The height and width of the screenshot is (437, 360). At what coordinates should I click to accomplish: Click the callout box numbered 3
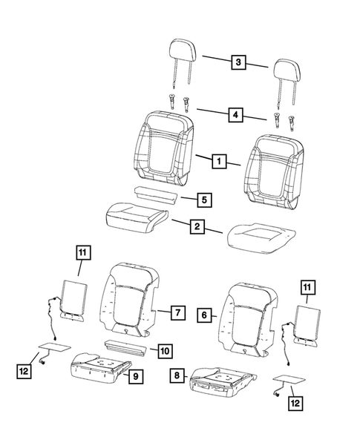pos(238,62)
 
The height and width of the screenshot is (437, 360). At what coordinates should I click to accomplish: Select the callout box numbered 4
pos(235,114)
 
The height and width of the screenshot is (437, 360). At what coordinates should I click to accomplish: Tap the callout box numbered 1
pos(219,161)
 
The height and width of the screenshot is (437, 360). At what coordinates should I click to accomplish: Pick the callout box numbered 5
pos(204,200)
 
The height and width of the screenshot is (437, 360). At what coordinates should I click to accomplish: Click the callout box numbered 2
pos(197,226)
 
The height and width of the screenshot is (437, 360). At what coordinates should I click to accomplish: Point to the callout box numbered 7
pos(178,312)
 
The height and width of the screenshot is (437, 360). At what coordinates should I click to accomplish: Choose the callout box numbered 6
pos(204,315)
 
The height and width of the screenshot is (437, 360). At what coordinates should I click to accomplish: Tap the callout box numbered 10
pos(165,351)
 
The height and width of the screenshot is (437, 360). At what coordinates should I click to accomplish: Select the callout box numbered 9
pos(136,376)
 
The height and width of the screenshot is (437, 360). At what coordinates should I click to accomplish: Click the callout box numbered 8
pos(177,375)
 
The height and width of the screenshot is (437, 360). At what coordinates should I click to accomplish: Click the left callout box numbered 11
pos(83,252)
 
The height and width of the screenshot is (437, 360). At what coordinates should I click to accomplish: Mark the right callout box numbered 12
pos(295,403)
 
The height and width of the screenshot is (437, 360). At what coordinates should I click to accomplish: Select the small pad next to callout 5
pos(156,196)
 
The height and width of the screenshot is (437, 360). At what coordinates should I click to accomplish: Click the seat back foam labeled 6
pos(249,320)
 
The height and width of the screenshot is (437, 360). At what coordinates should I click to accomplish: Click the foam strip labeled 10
pos(125,348)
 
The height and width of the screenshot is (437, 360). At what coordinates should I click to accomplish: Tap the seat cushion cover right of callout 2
pos(261,237)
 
